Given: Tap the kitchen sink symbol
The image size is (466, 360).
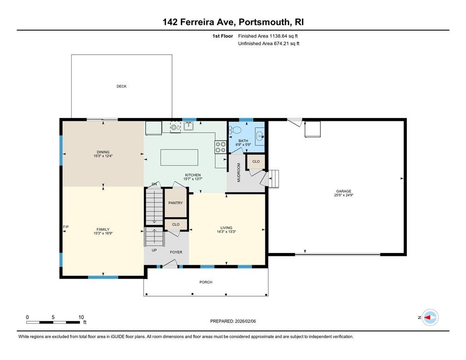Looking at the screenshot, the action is coord(189,126).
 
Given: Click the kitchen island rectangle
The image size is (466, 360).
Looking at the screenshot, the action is coord(179,157).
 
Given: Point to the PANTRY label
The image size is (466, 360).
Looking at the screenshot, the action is coord(175,203).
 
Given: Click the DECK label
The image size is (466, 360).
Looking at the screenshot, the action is coord(122,86).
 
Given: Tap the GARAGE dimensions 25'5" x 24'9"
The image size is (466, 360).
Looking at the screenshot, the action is coord(343,195).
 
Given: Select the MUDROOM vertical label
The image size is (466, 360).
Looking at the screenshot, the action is coord(239,173).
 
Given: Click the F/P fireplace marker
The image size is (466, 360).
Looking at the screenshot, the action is coord(66,227).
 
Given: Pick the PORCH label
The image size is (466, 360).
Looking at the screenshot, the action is coord(206,282).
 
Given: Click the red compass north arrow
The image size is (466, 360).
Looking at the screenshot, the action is coord(428,317).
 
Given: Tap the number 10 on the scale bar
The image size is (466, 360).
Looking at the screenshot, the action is coord(81,317).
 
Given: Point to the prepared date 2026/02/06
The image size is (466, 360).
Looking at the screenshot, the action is coord(245,321).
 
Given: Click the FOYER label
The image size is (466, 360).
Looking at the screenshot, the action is coord(176,252).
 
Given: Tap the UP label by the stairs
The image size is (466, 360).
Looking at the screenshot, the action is coord(154,250).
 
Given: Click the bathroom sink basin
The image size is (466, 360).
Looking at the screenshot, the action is coord(260,136).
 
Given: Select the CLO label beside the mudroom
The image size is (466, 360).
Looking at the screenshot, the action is coord(256,161).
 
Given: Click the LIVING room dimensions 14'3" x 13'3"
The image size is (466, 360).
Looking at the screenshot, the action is coord(226,231).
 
